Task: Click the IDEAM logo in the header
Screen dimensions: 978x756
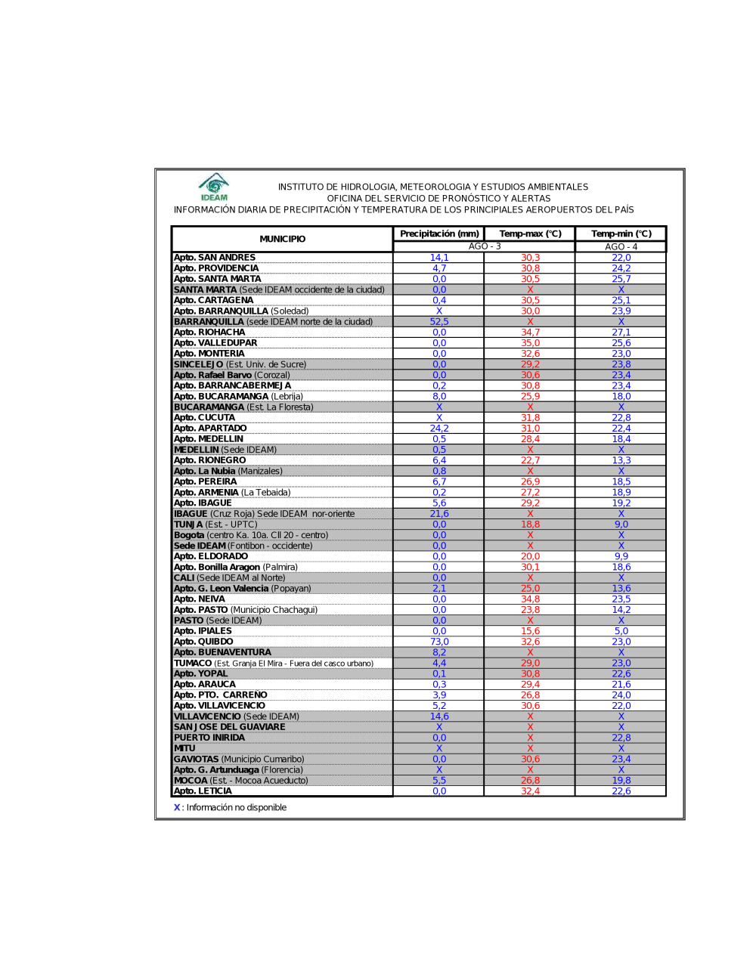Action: (214, 187)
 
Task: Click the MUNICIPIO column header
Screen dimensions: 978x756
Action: (283, 239)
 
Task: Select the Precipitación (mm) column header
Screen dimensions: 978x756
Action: (439, 234)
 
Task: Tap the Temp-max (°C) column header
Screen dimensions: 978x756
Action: (530, 234)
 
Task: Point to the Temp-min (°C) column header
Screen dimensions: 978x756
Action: (621, 234)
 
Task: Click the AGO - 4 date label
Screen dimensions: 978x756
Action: (621, 246)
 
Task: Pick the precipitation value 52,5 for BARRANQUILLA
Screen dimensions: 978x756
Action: (439, 321)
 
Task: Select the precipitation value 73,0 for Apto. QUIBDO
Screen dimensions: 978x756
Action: (439, 642)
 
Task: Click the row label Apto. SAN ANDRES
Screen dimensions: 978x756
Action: (215, 258)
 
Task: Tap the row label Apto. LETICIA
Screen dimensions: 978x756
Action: (203, 791)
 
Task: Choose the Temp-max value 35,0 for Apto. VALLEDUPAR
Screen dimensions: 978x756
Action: (530, 343)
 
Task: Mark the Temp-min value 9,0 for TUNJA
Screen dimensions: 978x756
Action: (621, 525)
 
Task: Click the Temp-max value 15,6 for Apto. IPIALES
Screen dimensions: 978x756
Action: (530, 631)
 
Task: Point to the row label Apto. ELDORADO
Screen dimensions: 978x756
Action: (211, 556)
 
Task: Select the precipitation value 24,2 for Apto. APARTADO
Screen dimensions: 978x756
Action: (439, 429)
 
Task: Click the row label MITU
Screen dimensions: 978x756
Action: (185, 748)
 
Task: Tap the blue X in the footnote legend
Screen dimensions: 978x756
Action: (177, 807)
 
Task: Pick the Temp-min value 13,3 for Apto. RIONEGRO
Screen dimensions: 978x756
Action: (621, 460)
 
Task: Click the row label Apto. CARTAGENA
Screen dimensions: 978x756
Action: (214, 300)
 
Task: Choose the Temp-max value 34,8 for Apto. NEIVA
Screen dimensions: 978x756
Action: (530, 599)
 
